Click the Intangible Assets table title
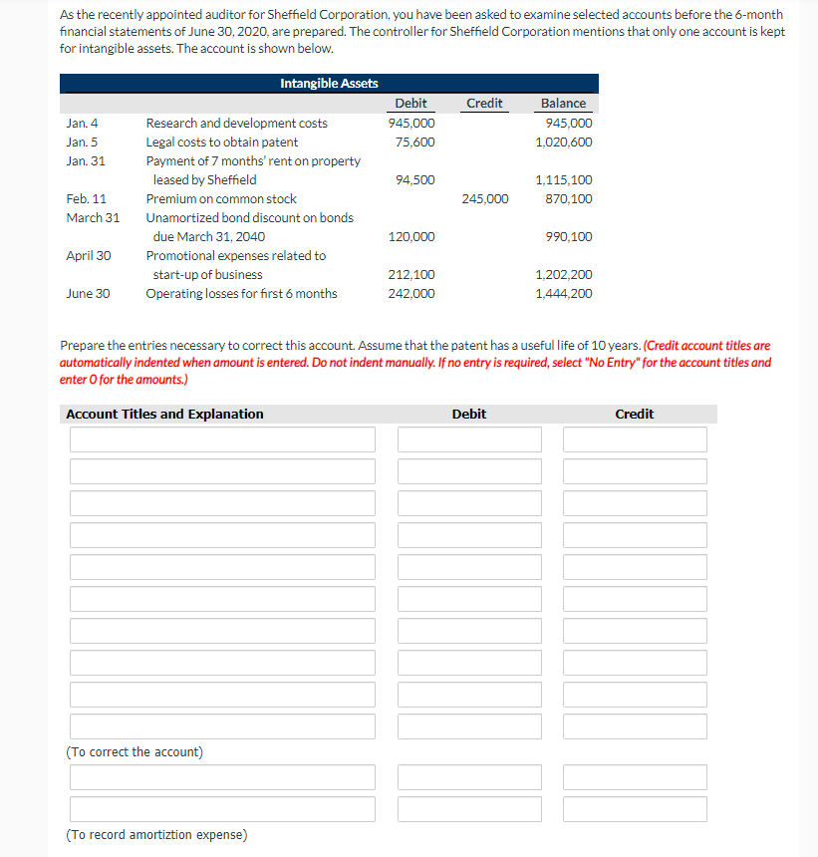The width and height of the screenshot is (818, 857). [x=329, y=84]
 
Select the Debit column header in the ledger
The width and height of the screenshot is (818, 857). [x=410, y=104]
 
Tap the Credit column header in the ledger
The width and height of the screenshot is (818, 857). [x=484, y=104]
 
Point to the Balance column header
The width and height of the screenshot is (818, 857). [x=563, y=104]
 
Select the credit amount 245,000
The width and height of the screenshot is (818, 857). [x=485, y=199]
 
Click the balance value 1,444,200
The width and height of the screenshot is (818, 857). [x=564, y=294]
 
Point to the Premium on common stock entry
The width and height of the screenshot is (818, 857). [x=221, y=199]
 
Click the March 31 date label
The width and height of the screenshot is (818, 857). [x=93, y=218]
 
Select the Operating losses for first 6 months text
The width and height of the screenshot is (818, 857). [x=241, y=294]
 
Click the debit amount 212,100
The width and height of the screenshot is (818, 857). [x=411, y=275]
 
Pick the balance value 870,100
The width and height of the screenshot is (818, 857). [x=570, y=199]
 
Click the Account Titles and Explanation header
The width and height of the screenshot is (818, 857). [x=164, y=415]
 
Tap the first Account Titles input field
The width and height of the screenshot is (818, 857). [x=222, y=439]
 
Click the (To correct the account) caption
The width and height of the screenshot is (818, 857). [x=135, y=752]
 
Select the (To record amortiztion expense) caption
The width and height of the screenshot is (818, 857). [x=156, y=835]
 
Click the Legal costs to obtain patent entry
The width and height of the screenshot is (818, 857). [x=222, y=143]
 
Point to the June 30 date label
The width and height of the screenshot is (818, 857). [x=88, y=294]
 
